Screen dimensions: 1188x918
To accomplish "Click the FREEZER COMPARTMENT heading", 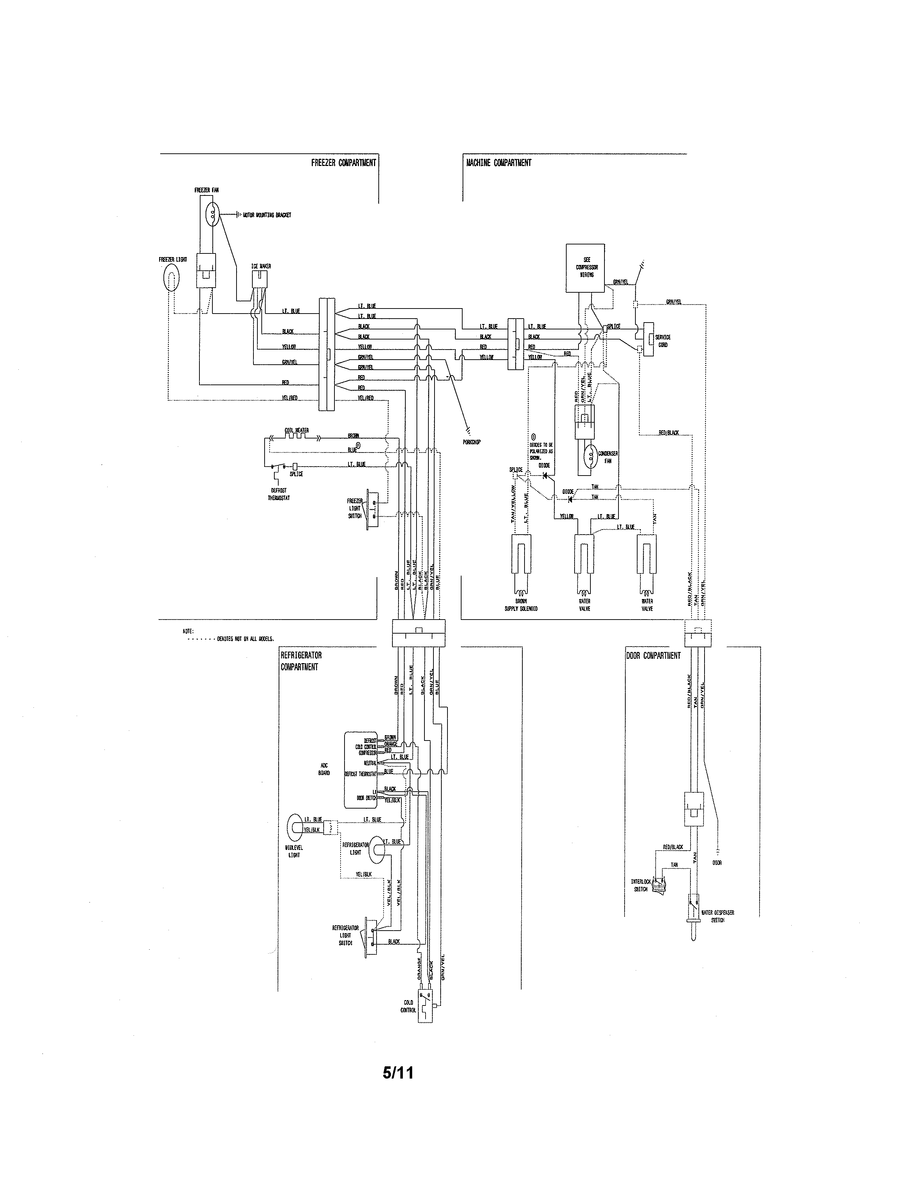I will pyautogui.click(x=343, y=163).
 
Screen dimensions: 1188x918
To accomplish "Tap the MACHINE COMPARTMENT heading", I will pyautogui.click(x=498, y=163).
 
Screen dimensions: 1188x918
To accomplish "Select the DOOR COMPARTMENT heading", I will pyautogui.click(x=653, y=656).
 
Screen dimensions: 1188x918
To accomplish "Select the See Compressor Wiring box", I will pyautogui.click(x=585, y=267).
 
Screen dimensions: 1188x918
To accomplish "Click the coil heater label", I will pyautogui.click(x=296, y=430).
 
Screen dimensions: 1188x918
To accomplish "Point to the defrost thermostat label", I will pyautogui.click(x=278, y=494).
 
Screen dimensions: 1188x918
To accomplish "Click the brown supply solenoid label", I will pyautogui.click(x=521, y=605).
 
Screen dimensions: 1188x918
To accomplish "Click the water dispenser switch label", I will pyautogui.click(x=717, y=916).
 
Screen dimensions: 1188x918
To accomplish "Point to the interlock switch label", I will pyautogui.click(x=641, y=885).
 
